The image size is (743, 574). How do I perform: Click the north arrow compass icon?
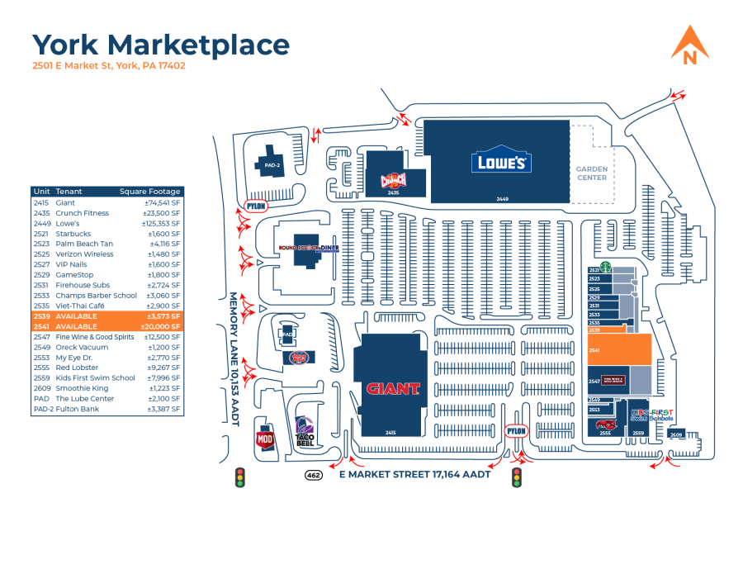(x=690, y=45)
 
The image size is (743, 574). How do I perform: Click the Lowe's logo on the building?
(x=501, y=162)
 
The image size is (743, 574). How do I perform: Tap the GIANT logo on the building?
(x=393, y=388)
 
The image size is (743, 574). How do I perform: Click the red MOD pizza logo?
(x=265, y=440)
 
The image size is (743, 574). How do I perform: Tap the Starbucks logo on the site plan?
(x=604, y=267)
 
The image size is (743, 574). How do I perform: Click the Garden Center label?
(x=591, y=173)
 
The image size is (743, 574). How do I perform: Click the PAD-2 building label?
(x=272, y=165)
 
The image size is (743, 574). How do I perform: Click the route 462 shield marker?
(x=314, y=475)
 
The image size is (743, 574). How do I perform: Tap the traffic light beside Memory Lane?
(x=240, y=477)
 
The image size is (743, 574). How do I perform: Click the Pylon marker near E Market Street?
(x=516, y=431)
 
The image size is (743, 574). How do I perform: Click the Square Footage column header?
(x=149, y=192)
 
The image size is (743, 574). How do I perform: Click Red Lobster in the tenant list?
(x=77, y=368)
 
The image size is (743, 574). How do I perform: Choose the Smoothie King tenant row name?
(x=82, y=388)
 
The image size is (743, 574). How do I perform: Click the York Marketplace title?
(x=161, y=45)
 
